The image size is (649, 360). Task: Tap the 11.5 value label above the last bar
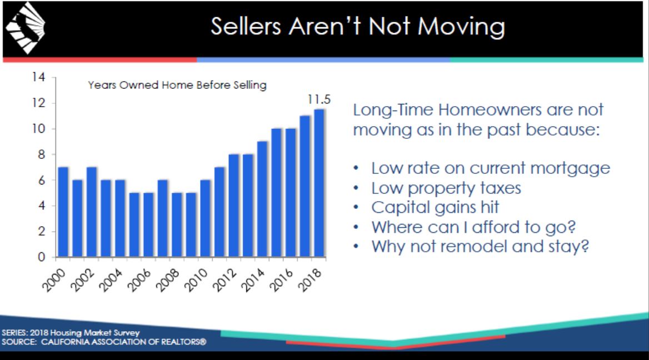[x=319, y=100]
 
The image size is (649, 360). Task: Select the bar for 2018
[x=319, y=183]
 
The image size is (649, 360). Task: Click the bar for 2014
[x=262, y=199]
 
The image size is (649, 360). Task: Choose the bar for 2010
[x=205, y=219]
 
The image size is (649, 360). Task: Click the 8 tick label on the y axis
[x=41, y=154]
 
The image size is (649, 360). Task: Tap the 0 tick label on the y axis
[x=41, y=258]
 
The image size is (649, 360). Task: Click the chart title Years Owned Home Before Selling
[x=177, y=85]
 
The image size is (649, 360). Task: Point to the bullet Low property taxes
[x=446, y=188]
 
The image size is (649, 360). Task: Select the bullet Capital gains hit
[x=435, y=207]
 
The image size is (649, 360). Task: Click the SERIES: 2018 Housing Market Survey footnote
[x=70, y=333]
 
